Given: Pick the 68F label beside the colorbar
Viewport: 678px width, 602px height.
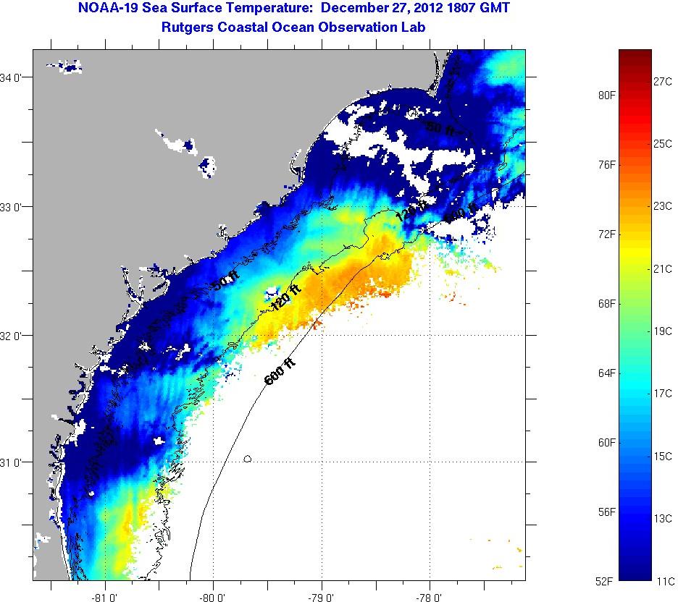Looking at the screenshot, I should (606, 303).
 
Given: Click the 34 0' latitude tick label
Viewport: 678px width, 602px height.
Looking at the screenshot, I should (14, 77).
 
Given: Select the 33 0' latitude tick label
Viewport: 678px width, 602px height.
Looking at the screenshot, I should (14, 207).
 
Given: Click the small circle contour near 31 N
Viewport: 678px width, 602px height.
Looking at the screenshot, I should (248, 458).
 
